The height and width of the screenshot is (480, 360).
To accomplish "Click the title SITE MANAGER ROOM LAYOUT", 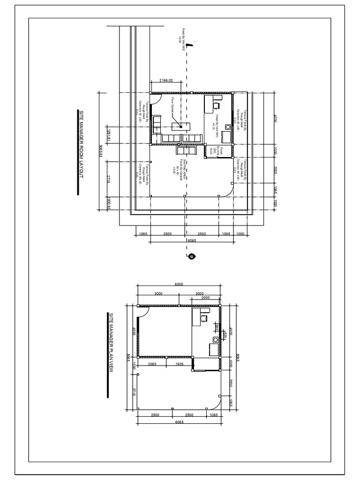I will pyautogui.click(x=81, y=151).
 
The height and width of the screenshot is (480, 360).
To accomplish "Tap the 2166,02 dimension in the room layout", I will pyautogui.click(x=166, y=81).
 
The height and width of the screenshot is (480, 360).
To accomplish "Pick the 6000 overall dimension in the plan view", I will pyautogui.click(x=179, y=284).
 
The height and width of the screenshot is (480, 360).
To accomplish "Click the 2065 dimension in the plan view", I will pyautogui.click(x=151, y=363).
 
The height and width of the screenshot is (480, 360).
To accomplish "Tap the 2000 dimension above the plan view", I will pyautogui.click(x=205, y=297).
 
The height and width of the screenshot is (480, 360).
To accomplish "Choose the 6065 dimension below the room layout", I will pyautogui.click(x=191, y=240).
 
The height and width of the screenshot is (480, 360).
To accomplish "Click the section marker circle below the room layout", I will pyautogui.click(x=191, y=256).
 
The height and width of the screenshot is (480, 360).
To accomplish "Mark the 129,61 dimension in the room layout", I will pyautogui.click(x=108, y=134).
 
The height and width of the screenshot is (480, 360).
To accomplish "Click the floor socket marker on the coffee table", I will pyautogui.click(x=181, y=126).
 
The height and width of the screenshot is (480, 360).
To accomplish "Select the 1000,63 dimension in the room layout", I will pyautogui.click(x=108, y=202).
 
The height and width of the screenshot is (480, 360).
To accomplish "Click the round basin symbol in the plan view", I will pyautogui.click(x=216, y=339).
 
